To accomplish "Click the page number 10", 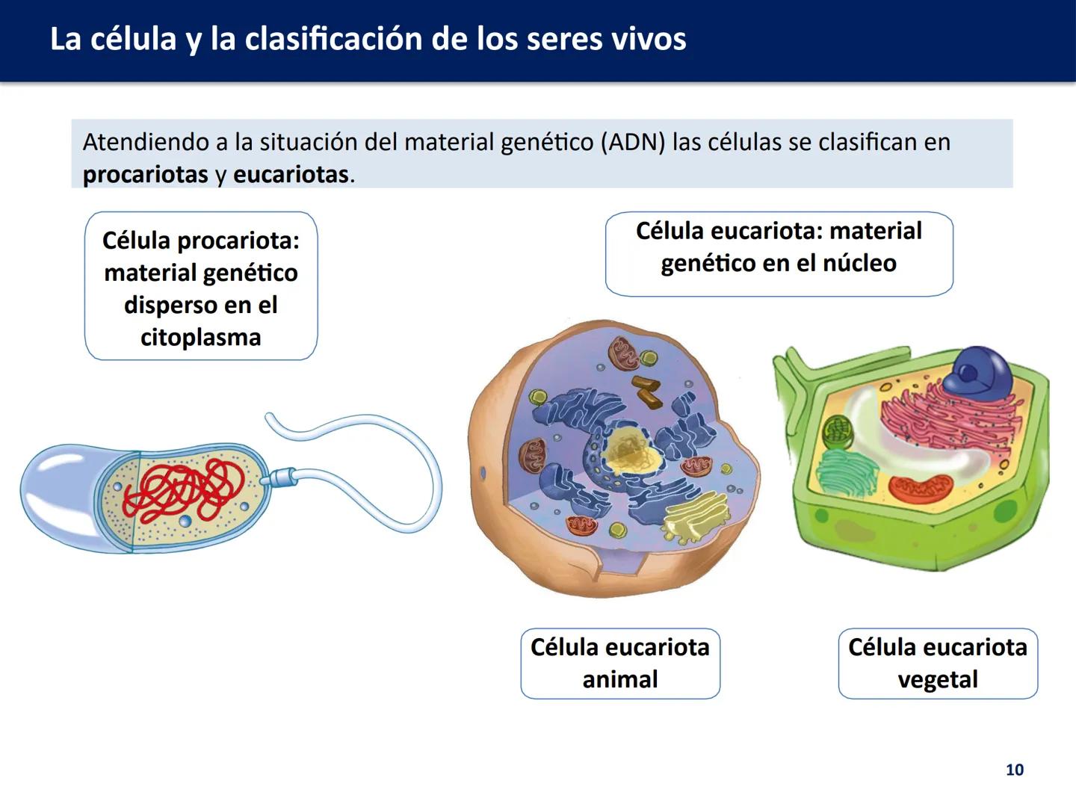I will [x=1014, y=770].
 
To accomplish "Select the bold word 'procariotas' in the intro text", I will [x=145, y=175].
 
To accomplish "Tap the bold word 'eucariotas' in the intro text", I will [x=291, y=175].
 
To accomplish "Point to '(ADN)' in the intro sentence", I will [x=632, y=142].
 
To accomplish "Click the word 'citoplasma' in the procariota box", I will [x=200, y=337].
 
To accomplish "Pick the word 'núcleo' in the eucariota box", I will [x=859, y=263].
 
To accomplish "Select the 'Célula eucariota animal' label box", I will [x=619, y=663].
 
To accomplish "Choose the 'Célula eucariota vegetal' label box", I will [x=937, y=663].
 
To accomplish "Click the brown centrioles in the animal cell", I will [x=646, y=391].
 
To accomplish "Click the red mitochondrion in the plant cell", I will [x=919, y=489].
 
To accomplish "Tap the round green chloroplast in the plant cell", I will [x=838, y=433].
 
